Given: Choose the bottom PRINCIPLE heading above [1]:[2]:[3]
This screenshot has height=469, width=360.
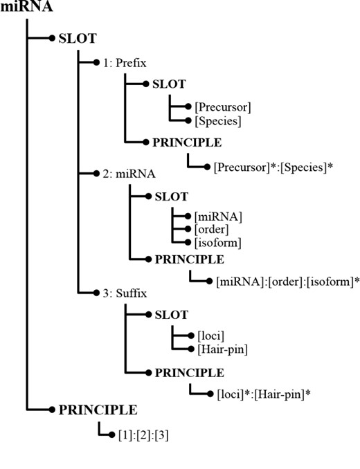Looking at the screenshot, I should click(x=98, y=410).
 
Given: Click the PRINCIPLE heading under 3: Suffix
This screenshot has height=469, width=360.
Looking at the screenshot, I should click(x=188, y=372).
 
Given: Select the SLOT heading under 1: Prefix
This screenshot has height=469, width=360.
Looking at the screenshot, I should click(x=170, y=84).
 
